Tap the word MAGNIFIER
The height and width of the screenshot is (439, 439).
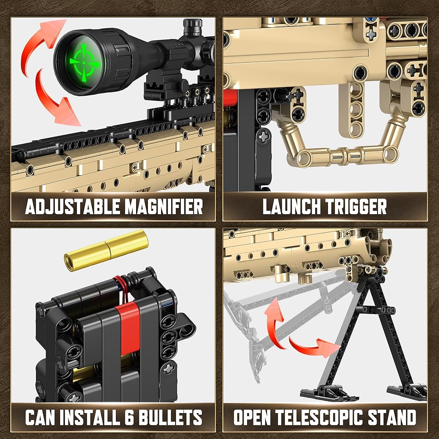[x=164, y=207]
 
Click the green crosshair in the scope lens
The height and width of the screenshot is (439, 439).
[x=84, y=63]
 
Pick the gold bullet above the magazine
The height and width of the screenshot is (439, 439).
[x=106, y=250]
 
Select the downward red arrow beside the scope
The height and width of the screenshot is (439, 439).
[x=56, y=101]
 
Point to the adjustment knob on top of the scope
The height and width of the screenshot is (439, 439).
[x=193, y=27]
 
